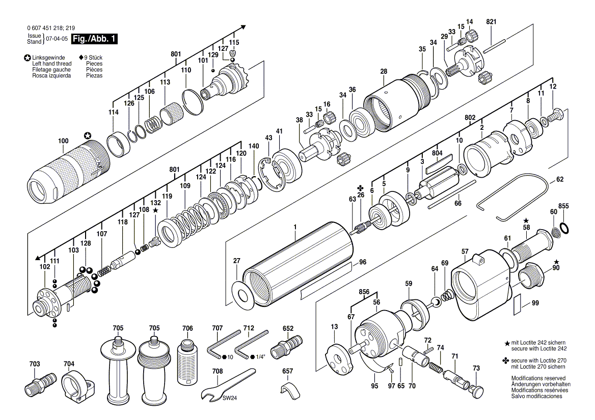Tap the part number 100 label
(63, 140)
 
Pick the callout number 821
(491, 22)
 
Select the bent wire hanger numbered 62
(515, 196)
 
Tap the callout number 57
(465, 251)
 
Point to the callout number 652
(287, 328)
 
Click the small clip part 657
(289, 389)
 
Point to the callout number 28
(383, 72)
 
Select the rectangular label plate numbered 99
(518, 304)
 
